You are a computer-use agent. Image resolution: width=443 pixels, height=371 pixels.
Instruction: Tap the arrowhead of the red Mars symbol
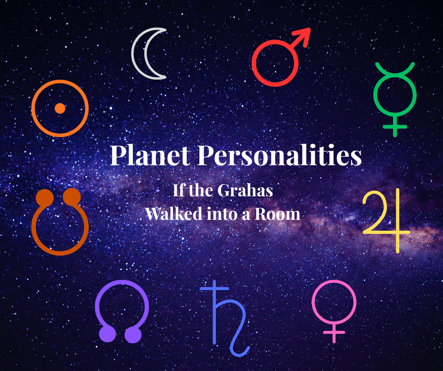304,35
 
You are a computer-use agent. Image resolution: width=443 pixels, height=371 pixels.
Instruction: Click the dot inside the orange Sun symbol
59,108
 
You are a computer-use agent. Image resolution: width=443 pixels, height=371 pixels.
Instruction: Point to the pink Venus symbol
334,308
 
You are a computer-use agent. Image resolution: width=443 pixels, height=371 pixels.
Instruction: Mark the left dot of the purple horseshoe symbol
108,334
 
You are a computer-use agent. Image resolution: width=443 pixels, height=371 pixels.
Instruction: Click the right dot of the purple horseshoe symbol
133,334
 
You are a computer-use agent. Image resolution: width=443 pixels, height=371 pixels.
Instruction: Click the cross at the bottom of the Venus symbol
334,333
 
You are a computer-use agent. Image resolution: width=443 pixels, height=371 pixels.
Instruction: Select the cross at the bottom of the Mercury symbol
394,126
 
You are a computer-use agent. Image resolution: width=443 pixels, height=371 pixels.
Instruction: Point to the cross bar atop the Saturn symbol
214,288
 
